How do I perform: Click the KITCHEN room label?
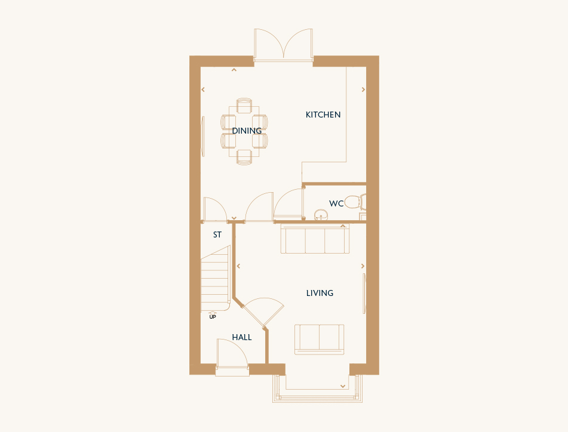pyautogui.click(x=323, y=115)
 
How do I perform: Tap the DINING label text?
pyautogui.click(x=247, y=131)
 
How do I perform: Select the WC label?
pyautogui.click(x=336, y=203)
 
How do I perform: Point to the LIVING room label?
pyautogui.click(x=320, y=293)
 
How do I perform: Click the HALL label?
pyautogui.click(x=242, y=337)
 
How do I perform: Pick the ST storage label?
pyautogui.click(x=217, y=235)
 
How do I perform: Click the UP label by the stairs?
pyautogui.click(x=213, y=317)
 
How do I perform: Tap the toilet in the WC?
pyautogui.click(x=355, y=202)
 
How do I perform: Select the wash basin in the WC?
pyautogui.click(x=321, y=215)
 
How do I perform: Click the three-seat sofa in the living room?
pyautogui.click(x=315, y=239)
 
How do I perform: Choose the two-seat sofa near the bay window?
pyautogui.click(x=319, y=340)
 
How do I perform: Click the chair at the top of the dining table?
pyautogui.click(x=244, y=105)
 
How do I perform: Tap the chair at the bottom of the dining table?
pyautogui.click(x=244, y=158)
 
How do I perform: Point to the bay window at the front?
pyautogui.click(x=317, y=389)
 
